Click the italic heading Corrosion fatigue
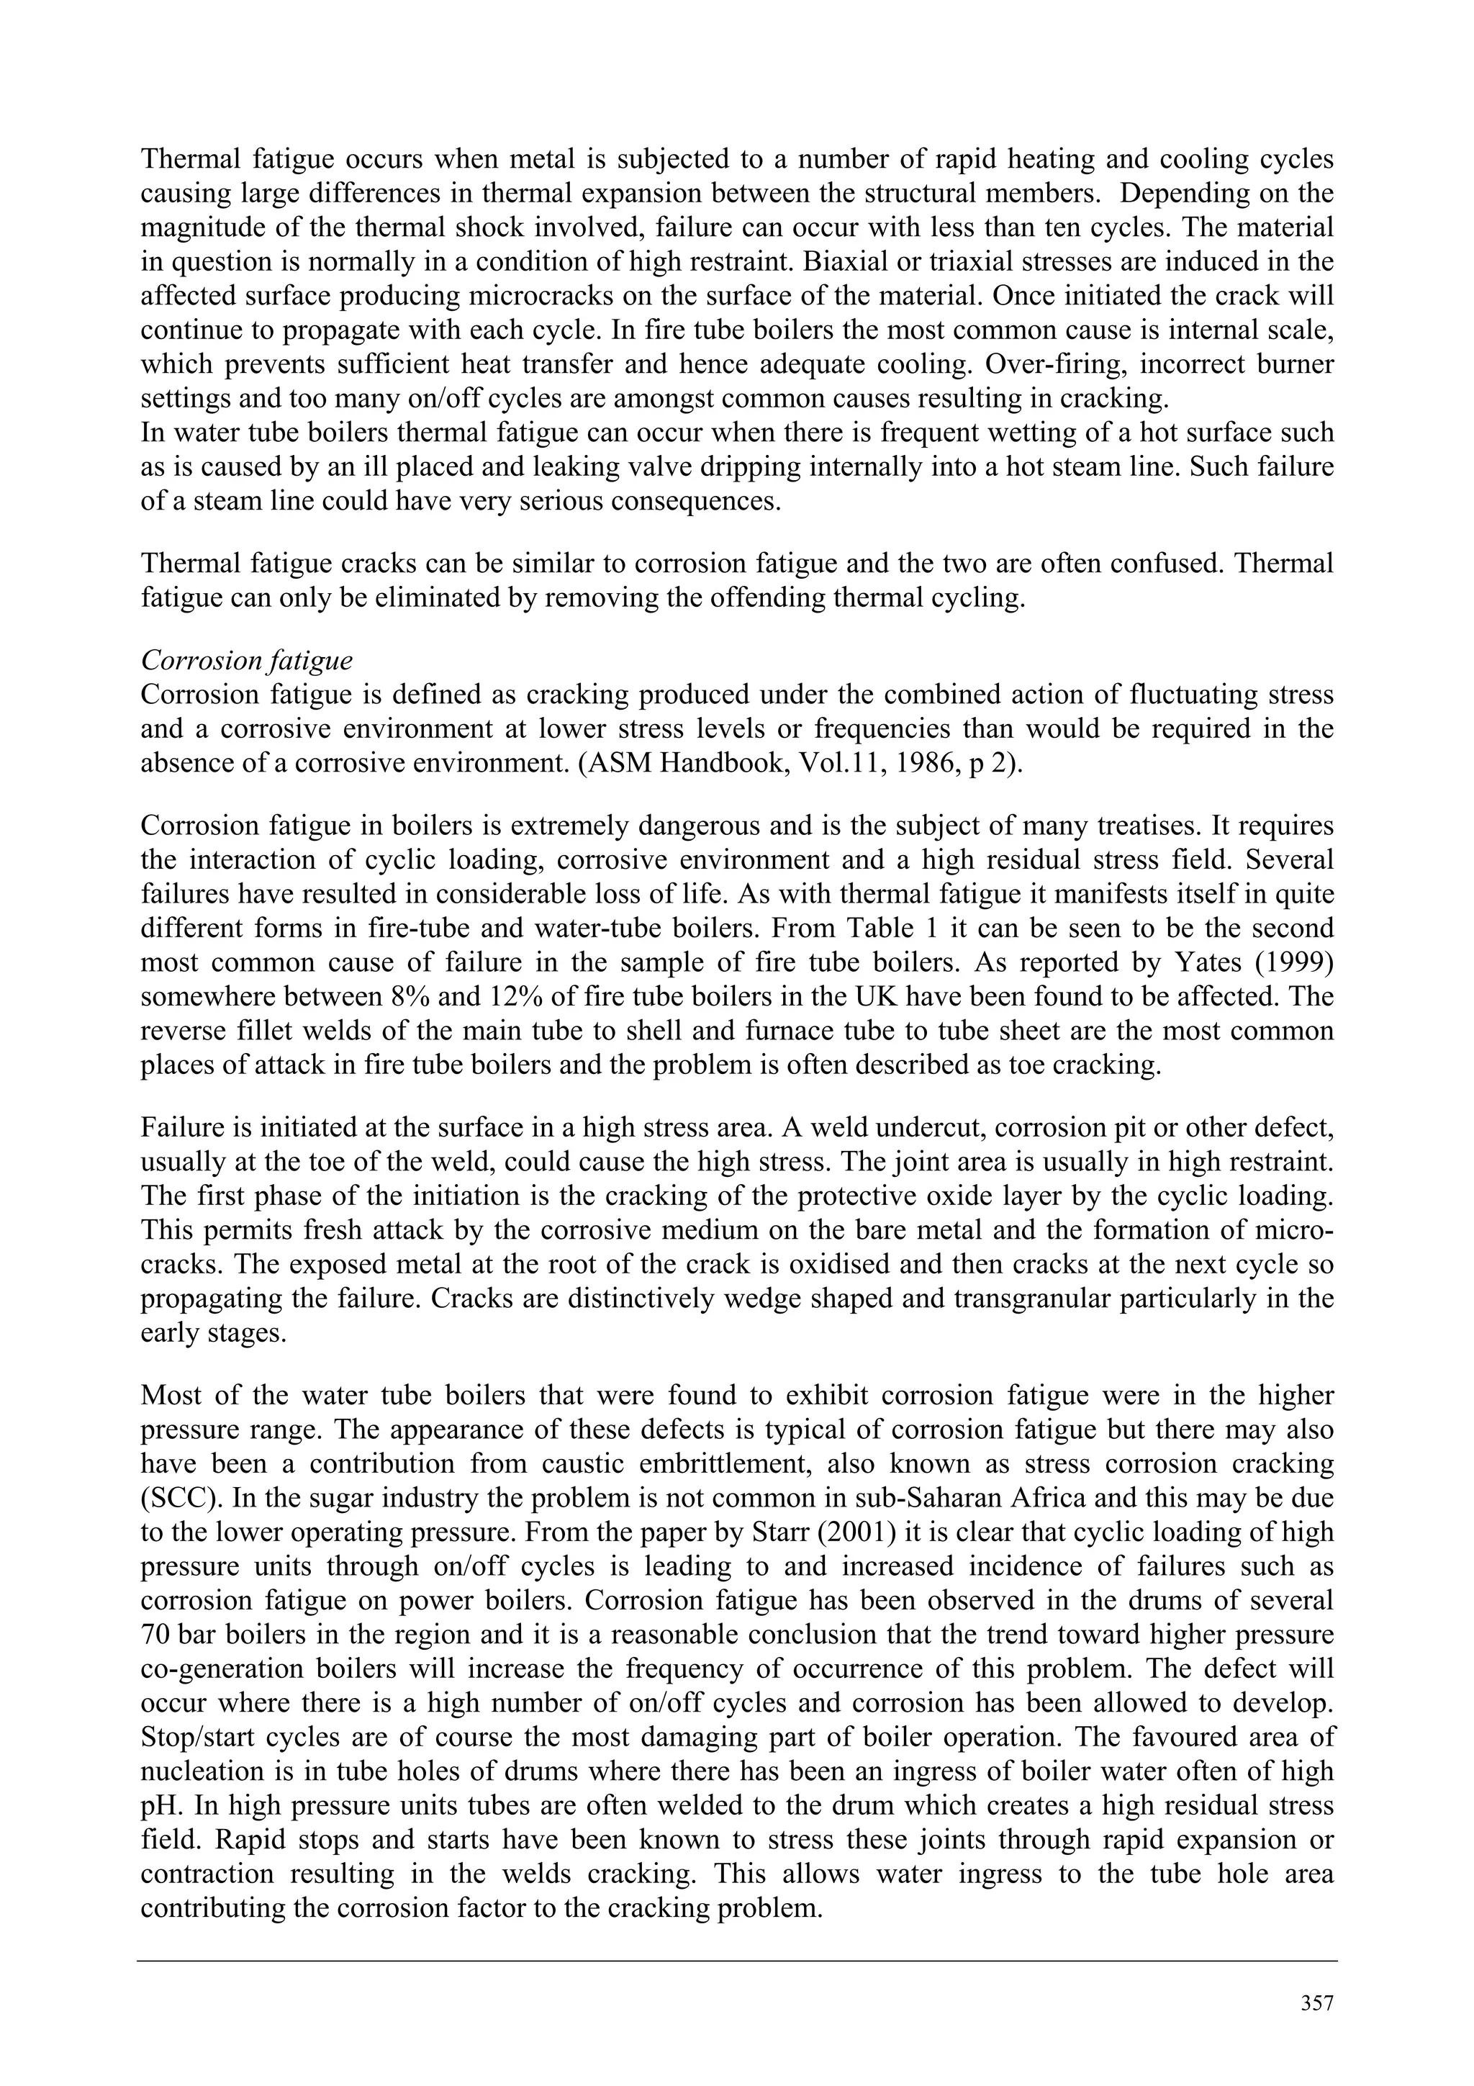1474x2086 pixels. click(247, 662)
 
